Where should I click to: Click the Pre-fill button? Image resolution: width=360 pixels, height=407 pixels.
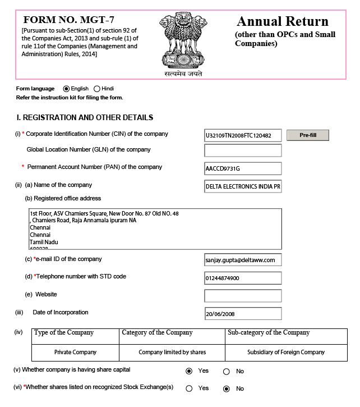pos(308,135)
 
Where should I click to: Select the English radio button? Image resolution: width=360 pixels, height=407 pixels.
pos(67,89)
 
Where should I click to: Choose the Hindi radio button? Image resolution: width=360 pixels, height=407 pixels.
pos(97,89)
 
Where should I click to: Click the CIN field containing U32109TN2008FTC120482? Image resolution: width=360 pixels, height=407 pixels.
pos(243,135)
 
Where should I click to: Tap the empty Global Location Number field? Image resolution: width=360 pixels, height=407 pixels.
pos(243,150)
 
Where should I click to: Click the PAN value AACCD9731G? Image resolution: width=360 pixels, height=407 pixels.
pos(243,168)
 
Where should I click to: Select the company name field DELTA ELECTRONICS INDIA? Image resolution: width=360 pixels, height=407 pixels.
pos(243,186)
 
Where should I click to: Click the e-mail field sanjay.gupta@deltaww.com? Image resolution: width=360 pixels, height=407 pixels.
pos(243,260)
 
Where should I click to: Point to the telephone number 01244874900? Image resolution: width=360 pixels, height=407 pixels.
pos(243,278)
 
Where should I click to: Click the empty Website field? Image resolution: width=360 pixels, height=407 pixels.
pos(243,295)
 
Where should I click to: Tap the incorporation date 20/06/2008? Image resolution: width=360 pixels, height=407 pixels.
pos(243,313)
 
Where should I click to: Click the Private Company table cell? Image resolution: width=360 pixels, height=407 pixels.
pos(75,352)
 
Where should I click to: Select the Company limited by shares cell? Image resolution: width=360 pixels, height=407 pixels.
pos(172,352)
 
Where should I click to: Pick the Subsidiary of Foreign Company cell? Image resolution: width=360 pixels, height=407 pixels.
pos(286,352)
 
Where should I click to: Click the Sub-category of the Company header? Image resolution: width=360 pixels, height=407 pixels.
pos(269,333)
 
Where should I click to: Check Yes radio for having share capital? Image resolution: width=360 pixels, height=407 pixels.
pos(189,371)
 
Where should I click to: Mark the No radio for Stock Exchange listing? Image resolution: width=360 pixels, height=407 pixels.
pos(227,388)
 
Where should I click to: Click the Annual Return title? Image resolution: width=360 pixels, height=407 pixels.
pos(282,22)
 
